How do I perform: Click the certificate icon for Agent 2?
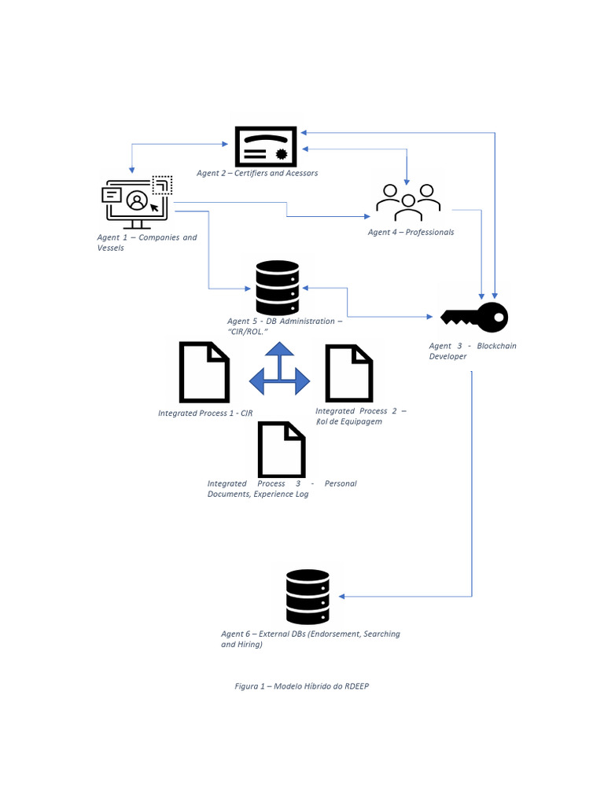coord(266,146)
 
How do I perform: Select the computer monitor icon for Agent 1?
coord(137,202)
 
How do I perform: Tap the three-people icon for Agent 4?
coord(408,202)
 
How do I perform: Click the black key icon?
coord(474,318)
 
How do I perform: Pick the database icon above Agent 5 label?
coord(278,288)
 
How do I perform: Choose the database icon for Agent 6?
coord(308,597)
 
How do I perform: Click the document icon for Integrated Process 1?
coord(204,372)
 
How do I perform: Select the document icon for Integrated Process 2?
coord(349,373)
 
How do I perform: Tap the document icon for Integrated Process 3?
coord(282,450)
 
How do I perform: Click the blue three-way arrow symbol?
coord(279,369)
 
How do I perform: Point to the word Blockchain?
coord(496,346)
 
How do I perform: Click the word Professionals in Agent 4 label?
coord(430,232)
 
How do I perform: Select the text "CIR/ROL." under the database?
coord(248,332)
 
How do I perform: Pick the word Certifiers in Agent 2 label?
coord(251,173)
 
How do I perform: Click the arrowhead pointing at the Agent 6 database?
coord(341,597)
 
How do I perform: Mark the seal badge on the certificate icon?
coord(281,153)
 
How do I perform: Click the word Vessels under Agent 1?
coord(110,248)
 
